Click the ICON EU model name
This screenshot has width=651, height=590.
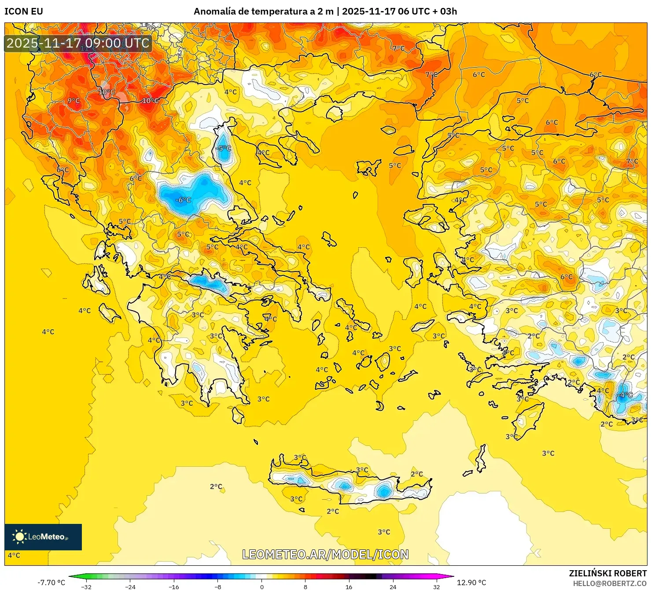24,11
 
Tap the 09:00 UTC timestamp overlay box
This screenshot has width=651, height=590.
78,43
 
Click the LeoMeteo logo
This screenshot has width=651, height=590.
43,537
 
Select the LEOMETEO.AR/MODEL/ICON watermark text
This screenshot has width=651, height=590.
325,554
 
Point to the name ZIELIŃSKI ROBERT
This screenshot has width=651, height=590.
607,573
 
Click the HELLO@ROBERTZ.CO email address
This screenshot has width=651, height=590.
610,583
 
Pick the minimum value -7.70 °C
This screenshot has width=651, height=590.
51,583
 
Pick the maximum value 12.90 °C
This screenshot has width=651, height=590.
471,583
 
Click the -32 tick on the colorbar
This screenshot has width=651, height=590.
87,586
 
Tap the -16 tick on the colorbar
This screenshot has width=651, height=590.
174,586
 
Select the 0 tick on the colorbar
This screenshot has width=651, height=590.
261,586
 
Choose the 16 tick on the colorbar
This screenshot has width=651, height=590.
349,586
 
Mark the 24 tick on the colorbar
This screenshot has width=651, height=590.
393,586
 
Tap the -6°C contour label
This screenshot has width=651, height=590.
183,200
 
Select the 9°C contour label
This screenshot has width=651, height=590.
74,101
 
